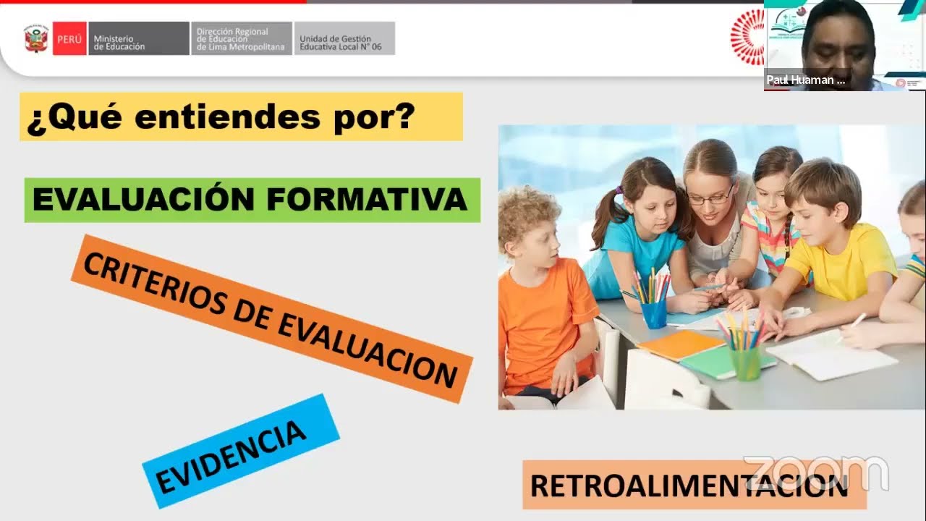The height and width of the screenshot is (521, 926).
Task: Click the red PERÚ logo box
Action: (69, 39)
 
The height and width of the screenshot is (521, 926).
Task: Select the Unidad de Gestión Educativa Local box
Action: (344, 39)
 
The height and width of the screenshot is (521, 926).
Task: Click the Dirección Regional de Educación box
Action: (242, 39)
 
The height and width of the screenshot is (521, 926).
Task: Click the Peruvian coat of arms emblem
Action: (36, 39)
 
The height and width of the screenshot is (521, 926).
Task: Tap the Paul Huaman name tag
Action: (805, 80)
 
